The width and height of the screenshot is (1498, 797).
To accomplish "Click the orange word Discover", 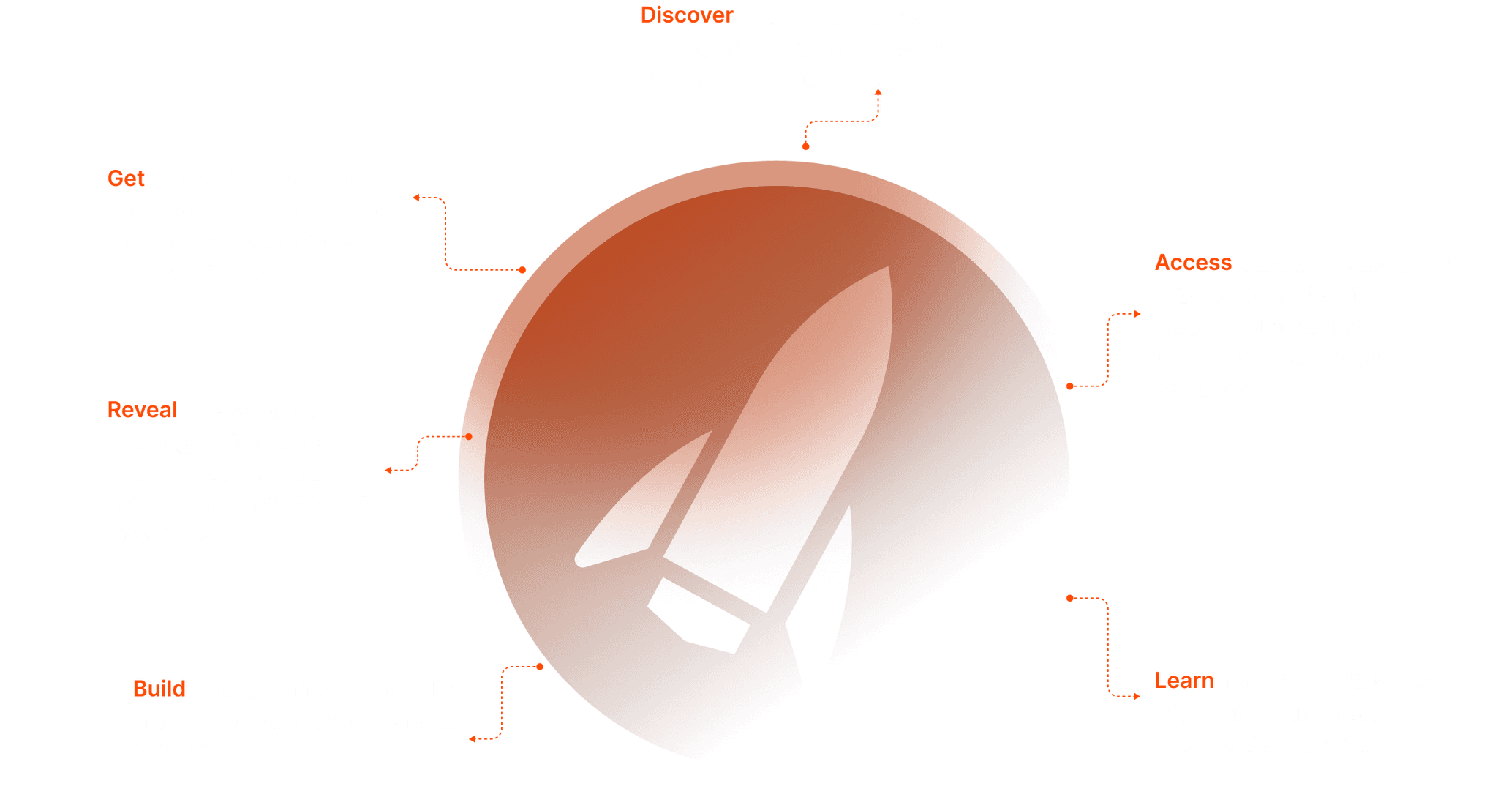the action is pyautogui.click(x=686, y=15).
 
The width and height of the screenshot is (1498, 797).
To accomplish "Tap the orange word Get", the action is pyautogui.click(x=126, y=179).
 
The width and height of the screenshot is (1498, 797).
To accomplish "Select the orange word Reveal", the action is pyautogui.click(x=142, y=410).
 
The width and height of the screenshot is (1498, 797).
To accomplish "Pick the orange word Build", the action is pyautogui.click(x=159, y=689).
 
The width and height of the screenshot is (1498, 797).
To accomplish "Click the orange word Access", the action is pyautogui.click(x=1193, y=262).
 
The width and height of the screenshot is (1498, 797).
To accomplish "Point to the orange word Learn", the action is pyautogui.click(x=1184, y=681).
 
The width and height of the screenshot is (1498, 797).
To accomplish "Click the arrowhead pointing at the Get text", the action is pyautogui.click(x=415, y=198).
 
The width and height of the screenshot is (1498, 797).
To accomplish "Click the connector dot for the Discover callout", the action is pyautogui.click(x=805, y=146).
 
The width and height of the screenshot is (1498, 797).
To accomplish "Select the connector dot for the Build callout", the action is pyautogui.click(x=540, y=667).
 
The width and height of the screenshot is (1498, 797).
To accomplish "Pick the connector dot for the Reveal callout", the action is pyautogui.click(x=469, y=437).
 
